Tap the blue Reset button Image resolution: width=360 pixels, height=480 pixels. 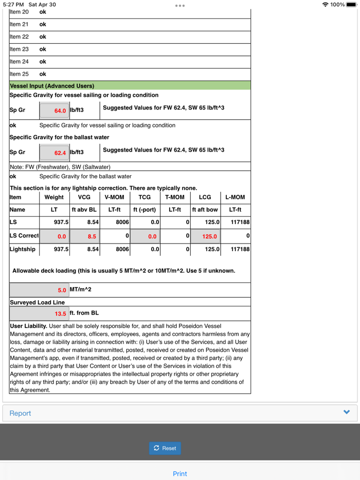tap(165, 448)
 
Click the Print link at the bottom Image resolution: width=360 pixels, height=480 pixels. tap(180, 474)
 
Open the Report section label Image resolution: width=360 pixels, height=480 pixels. tap(21, 413)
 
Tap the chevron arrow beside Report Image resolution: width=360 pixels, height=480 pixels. tap(347, 412)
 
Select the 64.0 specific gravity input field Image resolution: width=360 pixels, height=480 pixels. tap(54, 110)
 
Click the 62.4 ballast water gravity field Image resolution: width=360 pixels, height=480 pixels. tap(54, 153)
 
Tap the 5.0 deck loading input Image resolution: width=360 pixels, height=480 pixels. tap(39, 290)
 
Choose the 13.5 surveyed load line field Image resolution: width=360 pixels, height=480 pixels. tap(39, 313)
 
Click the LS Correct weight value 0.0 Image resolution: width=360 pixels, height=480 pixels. tap(55, 236)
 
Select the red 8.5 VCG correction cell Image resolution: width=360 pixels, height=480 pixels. tap(84, 236)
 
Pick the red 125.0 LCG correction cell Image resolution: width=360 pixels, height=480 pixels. tap(206, 236)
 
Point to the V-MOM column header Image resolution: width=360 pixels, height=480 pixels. tap(114, 197)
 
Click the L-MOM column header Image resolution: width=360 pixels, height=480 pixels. tap(236, 197)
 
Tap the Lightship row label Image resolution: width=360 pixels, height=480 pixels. tap(23, 249)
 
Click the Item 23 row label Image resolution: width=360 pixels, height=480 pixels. tap(19, 49)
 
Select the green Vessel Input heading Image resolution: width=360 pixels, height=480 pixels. tap(52, 86)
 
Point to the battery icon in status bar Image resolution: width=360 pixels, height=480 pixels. tap(351, 5)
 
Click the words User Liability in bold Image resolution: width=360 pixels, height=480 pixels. tap(29, 326)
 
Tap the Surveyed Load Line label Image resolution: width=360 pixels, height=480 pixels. tap(38, 302)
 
